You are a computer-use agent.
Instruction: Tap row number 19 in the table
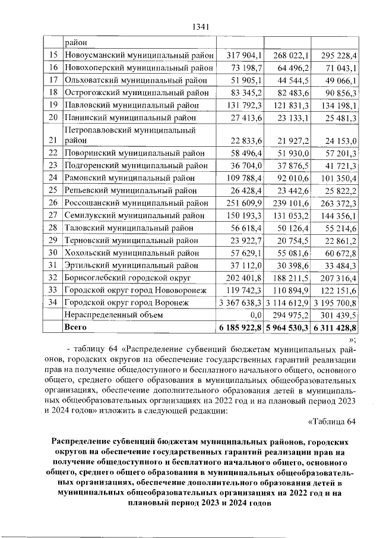(x=53, y=105)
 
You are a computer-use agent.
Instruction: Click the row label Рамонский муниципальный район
(x=129, y=177)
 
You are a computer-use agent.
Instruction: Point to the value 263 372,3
(x=336, y=203)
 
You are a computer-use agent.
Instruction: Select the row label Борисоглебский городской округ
(x=126, y=278)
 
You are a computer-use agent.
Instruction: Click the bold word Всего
(x=75, y=327)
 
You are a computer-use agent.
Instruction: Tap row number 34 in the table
(x=53, y=303)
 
